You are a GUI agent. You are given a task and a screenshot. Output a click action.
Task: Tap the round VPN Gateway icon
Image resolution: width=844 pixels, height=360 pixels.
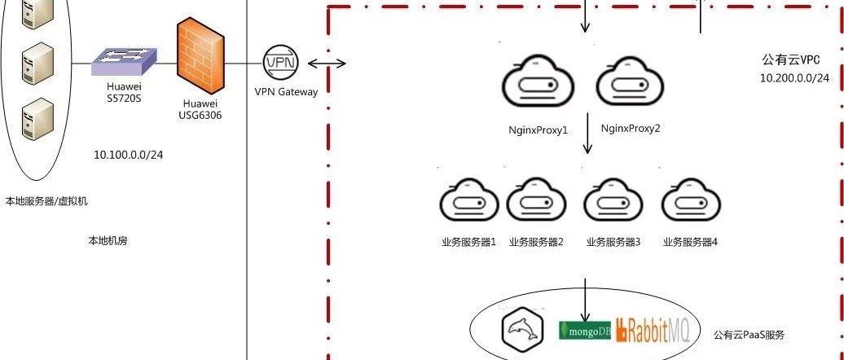click(x=281, y=64)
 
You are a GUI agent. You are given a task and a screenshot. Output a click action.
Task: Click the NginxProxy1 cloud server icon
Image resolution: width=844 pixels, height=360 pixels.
click(x=538, y=84)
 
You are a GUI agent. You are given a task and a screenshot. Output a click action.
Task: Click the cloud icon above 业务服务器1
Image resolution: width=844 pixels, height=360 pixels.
click(x=468, y=201)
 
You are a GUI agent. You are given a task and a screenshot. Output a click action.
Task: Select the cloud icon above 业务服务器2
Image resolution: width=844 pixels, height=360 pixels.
click(x=536, y=201)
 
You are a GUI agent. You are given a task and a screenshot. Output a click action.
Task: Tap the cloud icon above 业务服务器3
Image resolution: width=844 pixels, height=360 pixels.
click(x=614, y=201)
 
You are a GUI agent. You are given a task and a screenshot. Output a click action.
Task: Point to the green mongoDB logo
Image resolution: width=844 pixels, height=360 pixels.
click(x=583, y=331)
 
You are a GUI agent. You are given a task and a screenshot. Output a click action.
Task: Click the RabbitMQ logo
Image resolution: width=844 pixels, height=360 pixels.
click(x=652, y=330)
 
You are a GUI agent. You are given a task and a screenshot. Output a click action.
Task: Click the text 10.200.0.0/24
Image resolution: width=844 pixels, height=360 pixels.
click(x=794, y=78)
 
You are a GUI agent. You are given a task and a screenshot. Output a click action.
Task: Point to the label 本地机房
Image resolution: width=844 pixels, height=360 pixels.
click(x=108, y=241)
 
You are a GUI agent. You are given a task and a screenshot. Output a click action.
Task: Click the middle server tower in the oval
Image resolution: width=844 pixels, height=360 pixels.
click(x=37, y=60)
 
